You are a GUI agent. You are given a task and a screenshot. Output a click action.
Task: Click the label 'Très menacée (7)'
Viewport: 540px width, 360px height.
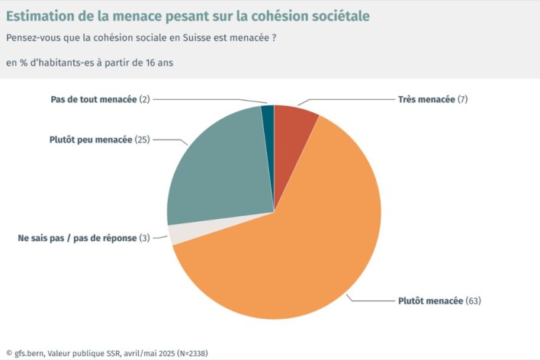(x=432, y=100)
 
